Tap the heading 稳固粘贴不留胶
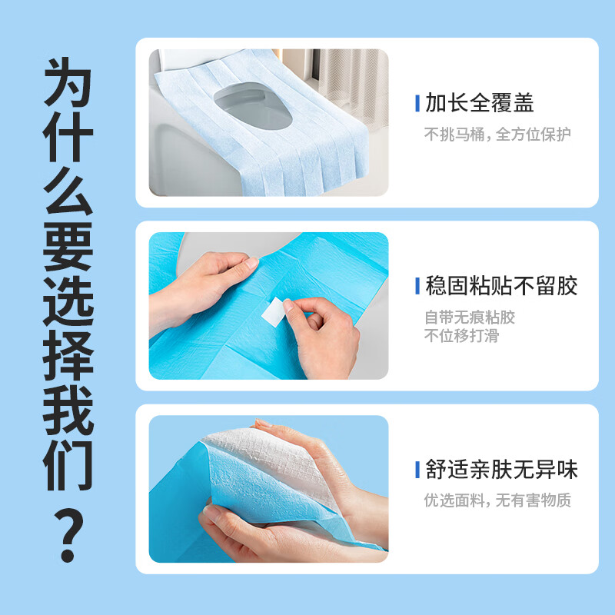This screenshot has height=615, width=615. coord(501,286)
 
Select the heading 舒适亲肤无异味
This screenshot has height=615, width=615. coord(501,470)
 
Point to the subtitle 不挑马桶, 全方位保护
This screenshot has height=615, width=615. coord(497,135)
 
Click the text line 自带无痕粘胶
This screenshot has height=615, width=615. coord(470,317)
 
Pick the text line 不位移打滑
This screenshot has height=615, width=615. coord(461,335)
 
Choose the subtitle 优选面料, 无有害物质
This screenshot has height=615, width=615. coord(497,500)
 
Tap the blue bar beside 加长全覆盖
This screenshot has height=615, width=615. coord(417,103)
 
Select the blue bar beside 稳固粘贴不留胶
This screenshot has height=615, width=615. coord(417,286)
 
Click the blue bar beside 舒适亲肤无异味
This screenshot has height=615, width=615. coord(417,470)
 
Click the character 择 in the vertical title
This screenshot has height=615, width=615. coord(68,357)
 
